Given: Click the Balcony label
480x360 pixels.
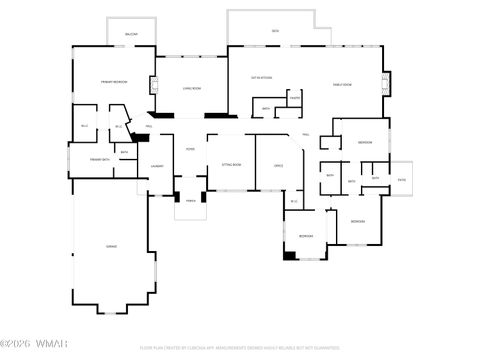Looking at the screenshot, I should coord(131,35).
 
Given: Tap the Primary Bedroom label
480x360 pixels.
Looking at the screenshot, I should coord(112,81).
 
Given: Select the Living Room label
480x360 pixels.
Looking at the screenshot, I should coord(193,89).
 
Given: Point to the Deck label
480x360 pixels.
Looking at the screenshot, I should coord(275,32).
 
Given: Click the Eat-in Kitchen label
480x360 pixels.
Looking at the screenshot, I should coord(263,77).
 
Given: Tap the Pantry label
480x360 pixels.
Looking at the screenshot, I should coord(294,98).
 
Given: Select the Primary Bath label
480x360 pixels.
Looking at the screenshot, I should coord(98,159).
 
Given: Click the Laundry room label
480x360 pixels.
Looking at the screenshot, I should coord(157,166).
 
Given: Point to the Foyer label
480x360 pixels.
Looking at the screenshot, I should coord(189,149).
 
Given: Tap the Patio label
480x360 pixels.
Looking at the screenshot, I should coord(401,179).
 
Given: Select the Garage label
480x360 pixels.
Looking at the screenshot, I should coord(112,245).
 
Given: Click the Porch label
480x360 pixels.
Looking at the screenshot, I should coord(189,200).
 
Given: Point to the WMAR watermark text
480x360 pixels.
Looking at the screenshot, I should coord(40,348).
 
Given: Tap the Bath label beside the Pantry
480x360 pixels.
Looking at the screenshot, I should coord(266,108).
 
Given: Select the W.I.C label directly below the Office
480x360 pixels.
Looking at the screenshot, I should coord(294,202).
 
